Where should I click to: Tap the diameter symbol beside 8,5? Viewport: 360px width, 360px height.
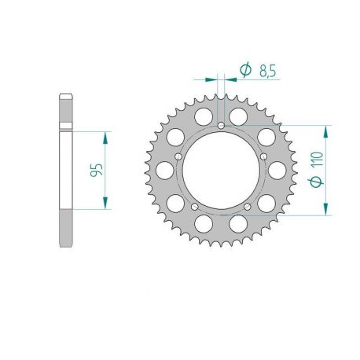pyautogui.click(x=244, y=72)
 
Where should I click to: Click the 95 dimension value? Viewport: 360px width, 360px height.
pyautogui.click(x=97, y=170)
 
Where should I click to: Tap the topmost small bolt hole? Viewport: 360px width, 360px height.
pyautogui.click(x=222, y=126)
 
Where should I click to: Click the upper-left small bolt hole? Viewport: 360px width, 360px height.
pyautogui.click(x=181, y=156)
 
